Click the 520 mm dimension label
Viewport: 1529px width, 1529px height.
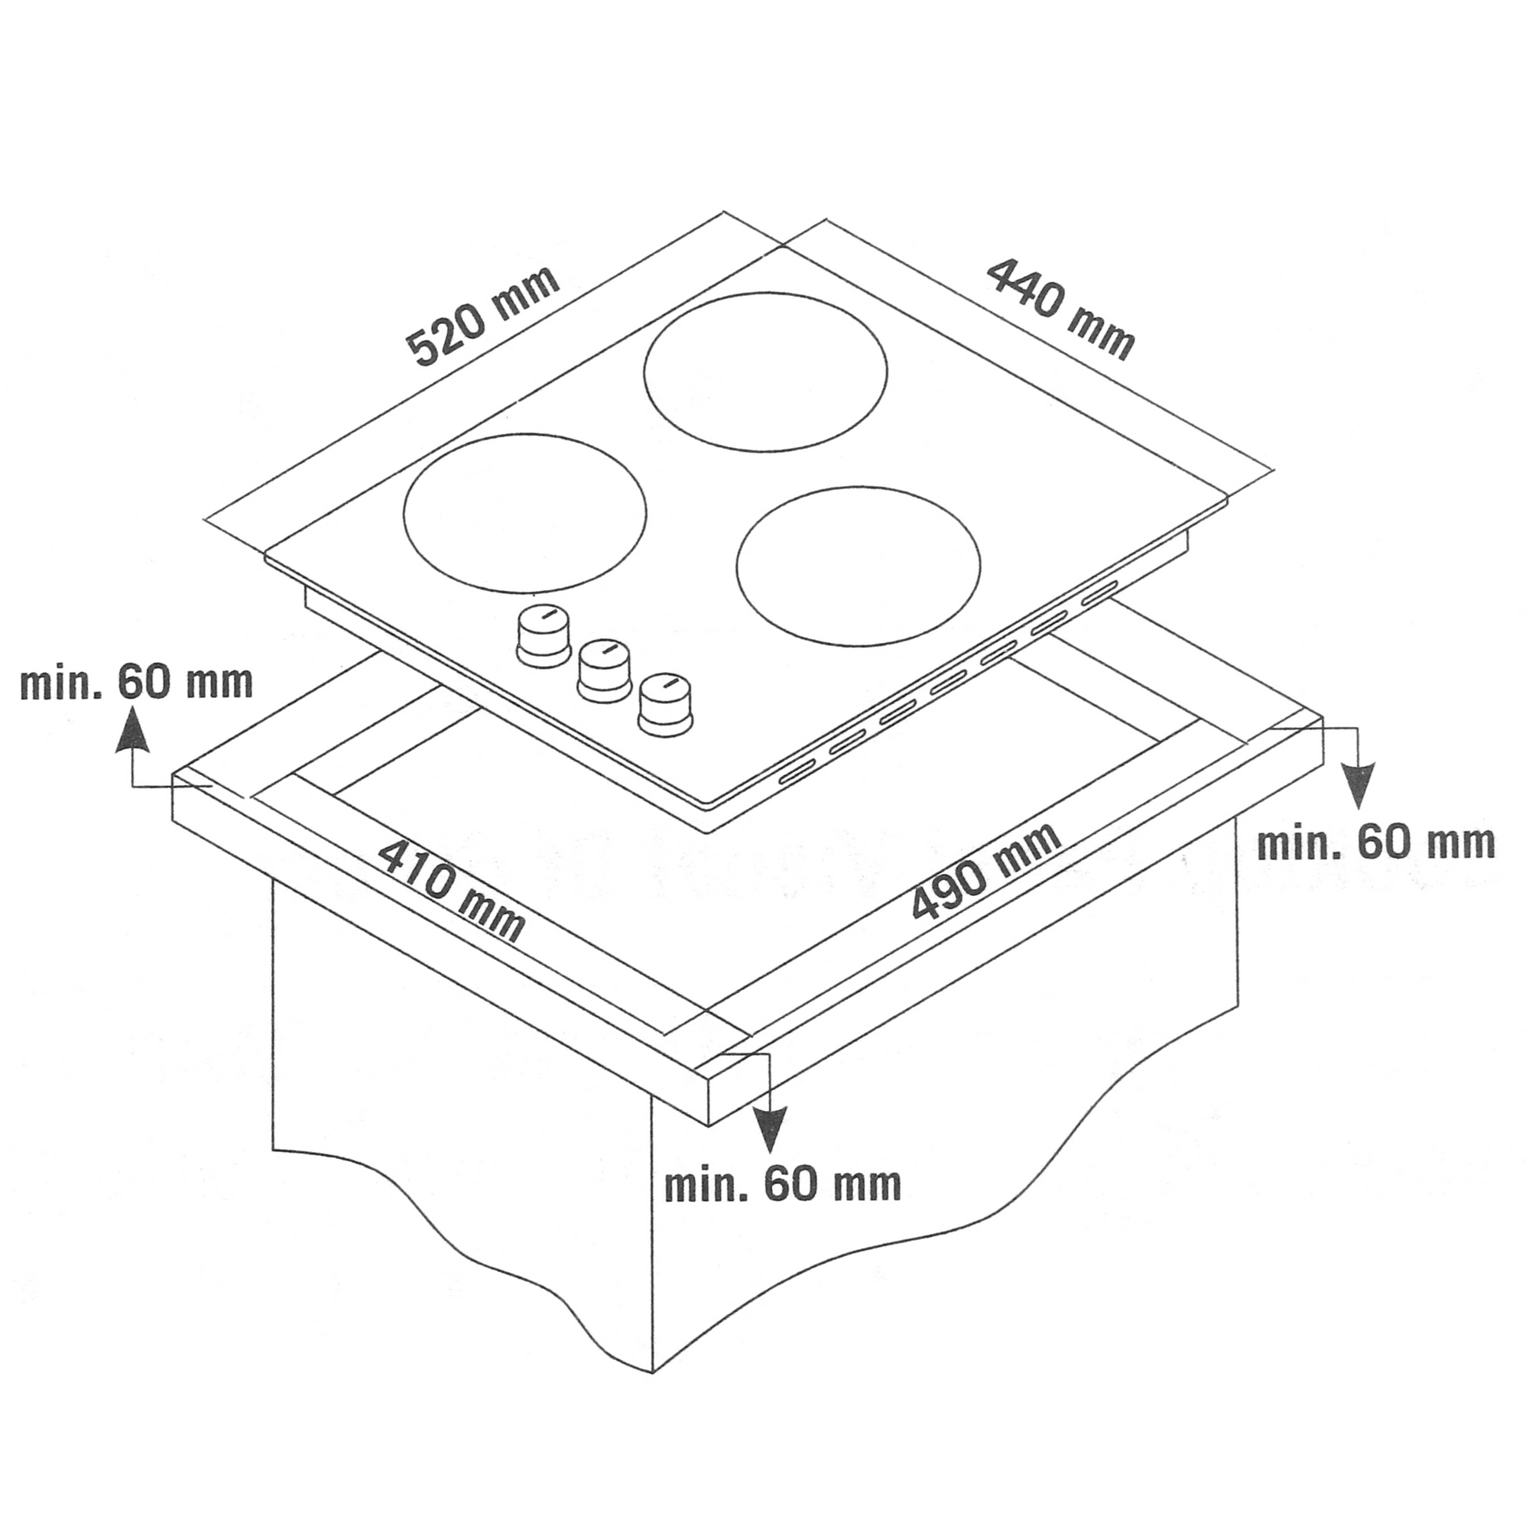(x=482, y=316)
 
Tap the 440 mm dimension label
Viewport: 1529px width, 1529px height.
(x=1060, y=310)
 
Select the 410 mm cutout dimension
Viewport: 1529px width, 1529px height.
(x=451, y=891)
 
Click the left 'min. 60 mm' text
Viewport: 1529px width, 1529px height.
(x=136, y=682)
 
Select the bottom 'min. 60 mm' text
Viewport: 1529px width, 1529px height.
(x=783, y=1185)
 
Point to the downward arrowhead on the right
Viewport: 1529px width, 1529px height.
(x=1359, y=786)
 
